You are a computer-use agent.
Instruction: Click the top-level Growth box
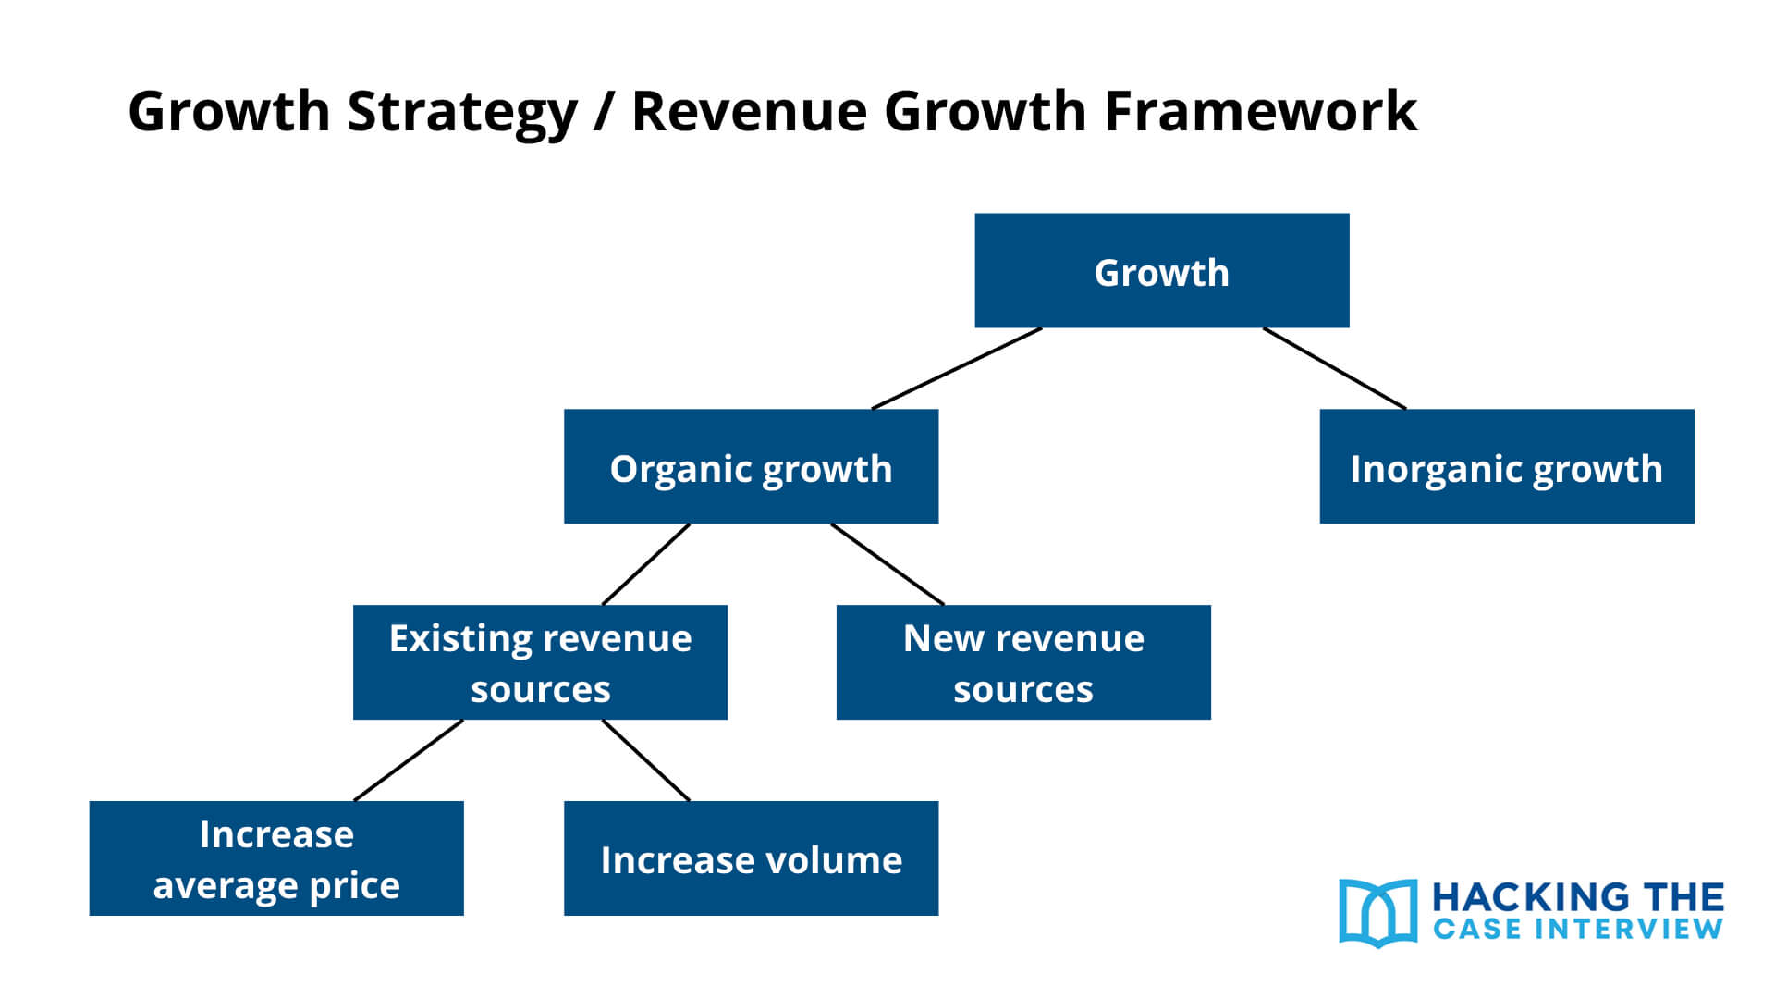point(1161,271)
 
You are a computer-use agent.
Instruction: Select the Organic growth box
point(751,467)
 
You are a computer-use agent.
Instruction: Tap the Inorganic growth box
point(1506,467)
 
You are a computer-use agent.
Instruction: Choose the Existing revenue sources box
point(540,662)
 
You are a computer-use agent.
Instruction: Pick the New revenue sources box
point(1023,662)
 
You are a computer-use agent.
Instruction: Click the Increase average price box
point(276,858)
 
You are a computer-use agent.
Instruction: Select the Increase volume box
point(751,858)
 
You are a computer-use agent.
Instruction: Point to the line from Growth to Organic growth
point(957,368)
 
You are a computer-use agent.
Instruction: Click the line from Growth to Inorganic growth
point(1334,368)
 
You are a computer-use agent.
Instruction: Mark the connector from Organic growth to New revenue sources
point(887,564)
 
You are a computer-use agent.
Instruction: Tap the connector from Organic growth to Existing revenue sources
point(646,564)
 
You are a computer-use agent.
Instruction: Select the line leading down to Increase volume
point(646,760)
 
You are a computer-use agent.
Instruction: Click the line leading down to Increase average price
point(409,760)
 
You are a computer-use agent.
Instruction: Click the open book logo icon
point(1377,913)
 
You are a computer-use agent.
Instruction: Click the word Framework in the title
point(1260,111)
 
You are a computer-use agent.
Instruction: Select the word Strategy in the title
point(462,111)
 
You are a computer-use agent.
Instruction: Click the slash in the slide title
point(604,111)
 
